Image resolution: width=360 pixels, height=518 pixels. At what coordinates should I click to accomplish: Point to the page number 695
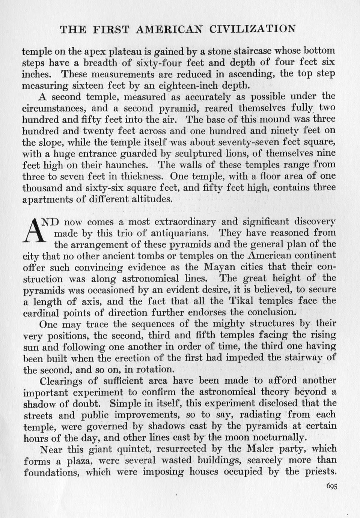coord(332,486)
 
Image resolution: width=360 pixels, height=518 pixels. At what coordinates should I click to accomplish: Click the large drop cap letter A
coord(35,230)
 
